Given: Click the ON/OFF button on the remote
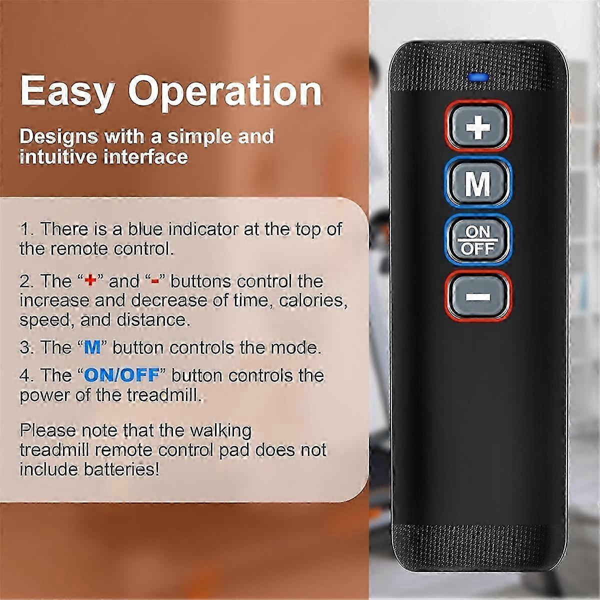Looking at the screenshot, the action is pos(478,239).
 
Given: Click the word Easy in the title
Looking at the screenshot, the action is pos(66,91).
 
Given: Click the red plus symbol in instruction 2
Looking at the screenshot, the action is pos(90,281).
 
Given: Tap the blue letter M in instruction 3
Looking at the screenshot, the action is pos(92,347).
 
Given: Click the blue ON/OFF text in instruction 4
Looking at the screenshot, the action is pos(121,375).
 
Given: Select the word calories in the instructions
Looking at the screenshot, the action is pos(312,300).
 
